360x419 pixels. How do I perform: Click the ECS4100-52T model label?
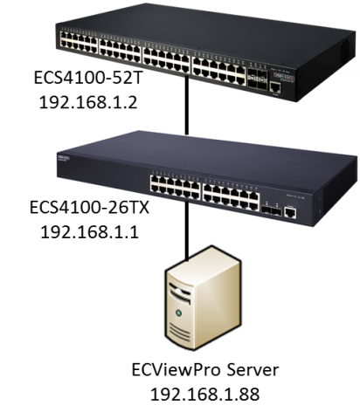(88, 79)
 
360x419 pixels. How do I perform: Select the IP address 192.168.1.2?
(88, 103)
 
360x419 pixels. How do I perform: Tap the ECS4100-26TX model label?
(89, 208)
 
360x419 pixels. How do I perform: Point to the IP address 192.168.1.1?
(89, 232)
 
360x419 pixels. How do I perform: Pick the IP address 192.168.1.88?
(204, 395)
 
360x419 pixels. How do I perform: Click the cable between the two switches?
(187, 105)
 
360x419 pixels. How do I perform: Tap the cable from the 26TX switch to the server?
(187, 230)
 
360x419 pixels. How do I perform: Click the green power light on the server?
(178, 313)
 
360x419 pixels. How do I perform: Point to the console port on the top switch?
(275, 87)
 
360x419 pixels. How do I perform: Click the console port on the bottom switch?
(290, 212)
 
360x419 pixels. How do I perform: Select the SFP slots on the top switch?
(257, 79)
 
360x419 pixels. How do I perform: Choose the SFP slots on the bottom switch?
(272, 210)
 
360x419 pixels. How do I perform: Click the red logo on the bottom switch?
(64, 157)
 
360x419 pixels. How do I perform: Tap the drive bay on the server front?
(180, 294)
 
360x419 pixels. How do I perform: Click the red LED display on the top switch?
(283, 76)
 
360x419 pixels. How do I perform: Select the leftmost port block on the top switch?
(79, 43)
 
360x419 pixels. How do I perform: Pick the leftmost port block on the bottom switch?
(175, 187)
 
